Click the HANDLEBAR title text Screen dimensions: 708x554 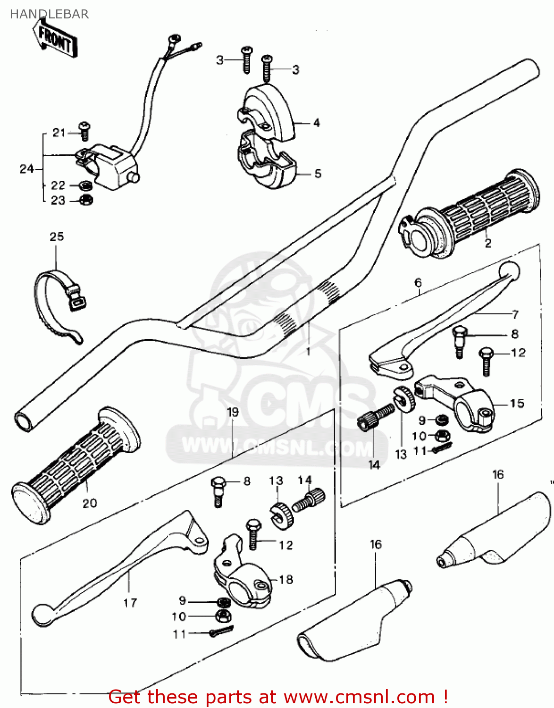49,14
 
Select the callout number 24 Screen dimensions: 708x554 26,169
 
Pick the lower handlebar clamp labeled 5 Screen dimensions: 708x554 267,163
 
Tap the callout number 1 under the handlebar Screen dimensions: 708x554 308,351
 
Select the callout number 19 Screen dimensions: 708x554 233,412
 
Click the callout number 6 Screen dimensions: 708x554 418,283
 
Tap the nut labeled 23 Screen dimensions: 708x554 86,200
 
